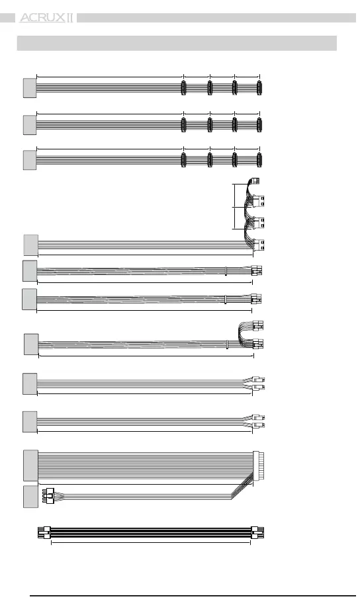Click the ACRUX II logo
[x=46, y=18]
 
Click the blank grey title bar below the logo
[x=177, y=43]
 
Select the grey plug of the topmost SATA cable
[x=30, y=88]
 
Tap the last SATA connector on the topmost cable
[x=259, y=88]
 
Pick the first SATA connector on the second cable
[x=183, y=125]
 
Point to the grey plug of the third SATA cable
[x=30, y=160]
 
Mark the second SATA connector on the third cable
[x=210, y=160]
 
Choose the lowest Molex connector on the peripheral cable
[x=259, y=244]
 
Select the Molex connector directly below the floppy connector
[x=259, y=200]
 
